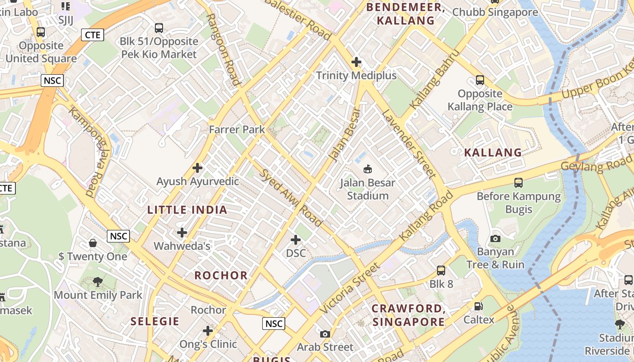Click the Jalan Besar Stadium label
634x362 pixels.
[x=368, y=190]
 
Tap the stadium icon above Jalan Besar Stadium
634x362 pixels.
[x=368, y=169]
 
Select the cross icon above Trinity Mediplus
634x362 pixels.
[x=356, y=62]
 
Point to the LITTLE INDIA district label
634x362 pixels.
[x=187, y=210]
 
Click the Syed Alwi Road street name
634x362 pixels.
[x=291, y=197]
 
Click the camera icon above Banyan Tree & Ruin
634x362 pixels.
[x=495, y=238]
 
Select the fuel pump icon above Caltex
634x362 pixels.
[x=479, y=306]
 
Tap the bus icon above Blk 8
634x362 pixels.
[x=441, y=271]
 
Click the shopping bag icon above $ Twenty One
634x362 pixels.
[x=93, y=243]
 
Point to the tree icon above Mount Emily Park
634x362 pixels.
[x=98, y=282]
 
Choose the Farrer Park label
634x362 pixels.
[x=237, y=130]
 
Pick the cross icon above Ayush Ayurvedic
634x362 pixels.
[x=197, y=168]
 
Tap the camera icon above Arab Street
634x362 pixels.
[x=325, y=334]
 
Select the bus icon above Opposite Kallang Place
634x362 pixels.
[x=480, y=80]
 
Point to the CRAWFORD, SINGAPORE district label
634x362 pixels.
[x=408, y=315]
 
